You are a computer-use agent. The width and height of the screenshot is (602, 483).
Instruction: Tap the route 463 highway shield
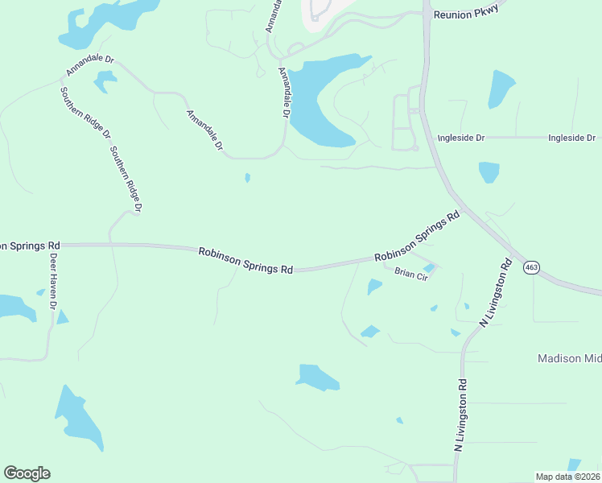pyautogui.click(x=531, y=267)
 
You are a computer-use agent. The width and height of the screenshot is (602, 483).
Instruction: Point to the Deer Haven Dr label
pyautogui.click(x=53, y=282)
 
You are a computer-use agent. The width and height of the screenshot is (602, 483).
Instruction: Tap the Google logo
pyautogui.click(x=27, y=473)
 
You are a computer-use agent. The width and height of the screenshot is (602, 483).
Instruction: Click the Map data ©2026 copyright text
pyautogui.click(x=567, y=477)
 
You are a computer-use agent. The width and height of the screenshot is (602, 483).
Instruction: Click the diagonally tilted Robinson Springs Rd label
pyautogui.click(x=417, y=237)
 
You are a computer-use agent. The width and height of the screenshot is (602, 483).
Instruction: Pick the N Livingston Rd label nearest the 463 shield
pyautogui.click(x=496, y=291)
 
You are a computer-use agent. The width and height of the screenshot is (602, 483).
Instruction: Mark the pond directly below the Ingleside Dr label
pyautogui.click(x=489, y=171)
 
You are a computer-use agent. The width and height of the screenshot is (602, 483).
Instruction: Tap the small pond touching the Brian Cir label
pyautogui.click(x=429, y=268)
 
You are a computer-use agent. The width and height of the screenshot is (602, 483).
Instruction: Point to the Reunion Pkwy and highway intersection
pyautogui.click(x=423, y=14)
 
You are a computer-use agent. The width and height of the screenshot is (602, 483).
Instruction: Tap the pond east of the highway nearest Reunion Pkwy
pyautogui.click(x=500, y=89)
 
